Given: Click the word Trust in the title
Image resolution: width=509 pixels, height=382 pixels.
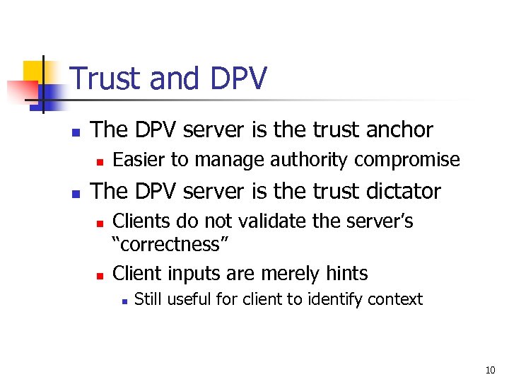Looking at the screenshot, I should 106,79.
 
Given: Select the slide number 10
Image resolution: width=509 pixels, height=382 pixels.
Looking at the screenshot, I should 491,370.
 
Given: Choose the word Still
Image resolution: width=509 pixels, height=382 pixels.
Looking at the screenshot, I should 149,299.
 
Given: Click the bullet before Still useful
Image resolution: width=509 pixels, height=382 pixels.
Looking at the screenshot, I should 123,301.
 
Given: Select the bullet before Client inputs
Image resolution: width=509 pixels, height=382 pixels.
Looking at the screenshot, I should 100,274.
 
